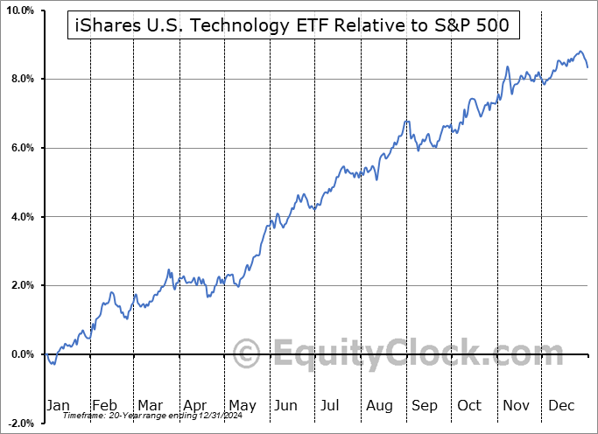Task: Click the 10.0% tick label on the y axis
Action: (19, 10)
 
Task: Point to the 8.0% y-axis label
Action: (21, 80)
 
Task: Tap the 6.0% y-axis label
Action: (21, 148)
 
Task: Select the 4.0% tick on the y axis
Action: (21, 217)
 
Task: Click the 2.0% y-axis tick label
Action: (21, 285)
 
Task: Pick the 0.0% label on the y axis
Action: (21, 354)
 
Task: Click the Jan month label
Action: (58, 405)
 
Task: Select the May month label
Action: (242, 405)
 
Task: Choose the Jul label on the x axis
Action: (331, 405)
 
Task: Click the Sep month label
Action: (425, 405)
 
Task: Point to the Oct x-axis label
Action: (469, 405)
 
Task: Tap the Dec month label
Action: (561, 405)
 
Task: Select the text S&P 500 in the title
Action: (481, 27)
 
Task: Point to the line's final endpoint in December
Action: (587, 67)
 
